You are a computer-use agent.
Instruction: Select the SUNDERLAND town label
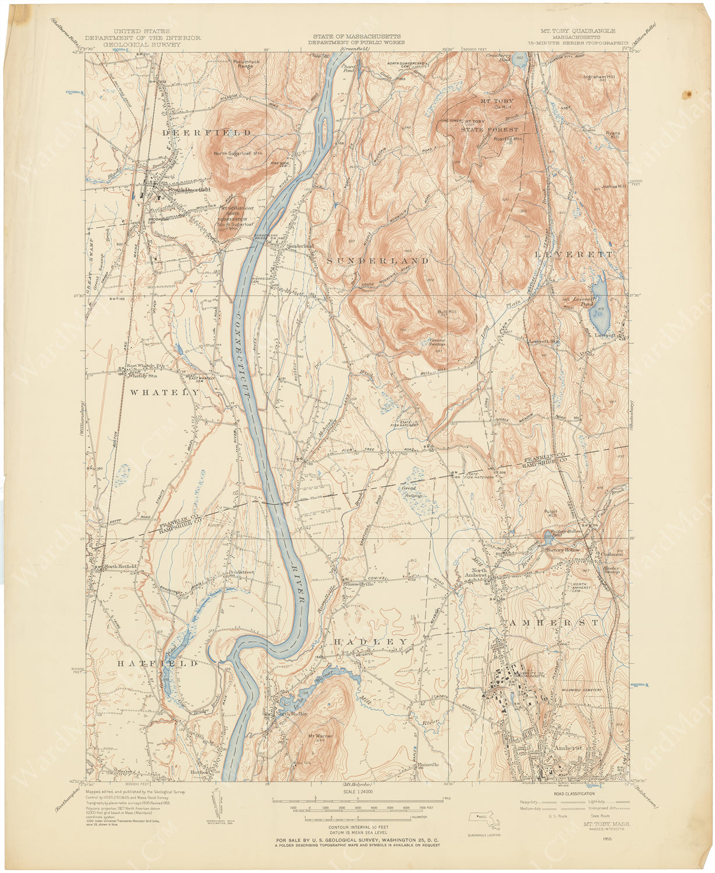click(377, 261)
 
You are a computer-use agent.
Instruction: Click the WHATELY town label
click(164, 393)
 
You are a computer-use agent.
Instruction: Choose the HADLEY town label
click(370, 641)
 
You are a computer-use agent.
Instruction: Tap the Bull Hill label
click(447, 313)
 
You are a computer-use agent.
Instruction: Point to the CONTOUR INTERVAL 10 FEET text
click(357, 827)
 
